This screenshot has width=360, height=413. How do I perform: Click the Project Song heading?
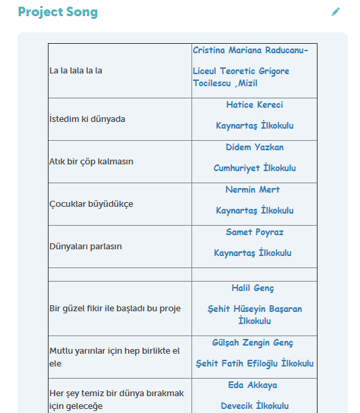click(x=57, y=12)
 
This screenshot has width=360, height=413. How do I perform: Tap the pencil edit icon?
click(x=336, y=12)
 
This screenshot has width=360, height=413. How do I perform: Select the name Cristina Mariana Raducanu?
click(x=250, y=51)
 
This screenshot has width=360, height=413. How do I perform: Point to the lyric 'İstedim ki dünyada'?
click(x=87, y=119)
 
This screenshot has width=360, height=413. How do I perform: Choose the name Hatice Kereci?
click(x=254, y=105)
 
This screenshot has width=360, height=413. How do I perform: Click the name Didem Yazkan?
click(x=254, y=148)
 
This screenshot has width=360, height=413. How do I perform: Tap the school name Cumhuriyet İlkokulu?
click(x=254, y=168)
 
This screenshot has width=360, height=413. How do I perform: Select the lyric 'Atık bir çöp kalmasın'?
click(x=91, y=162)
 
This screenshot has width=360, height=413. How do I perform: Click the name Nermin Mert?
click(x=254, y=190)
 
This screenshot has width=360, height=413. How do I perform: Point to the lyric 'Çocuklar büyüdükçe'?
click(x=91, y=203)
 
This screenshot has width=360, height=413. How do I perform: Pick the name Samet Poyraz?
click(x=254, y=232)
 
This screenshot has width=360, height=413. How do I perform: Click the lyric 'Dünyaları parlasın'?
click(x=86, y=247)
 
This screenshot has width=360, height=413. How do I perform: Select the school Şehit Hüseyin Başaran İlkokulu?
click(x=254, y=315)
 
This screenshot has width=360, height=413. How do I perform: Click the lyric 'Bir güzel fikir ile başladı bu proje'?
click(x=115, y=309)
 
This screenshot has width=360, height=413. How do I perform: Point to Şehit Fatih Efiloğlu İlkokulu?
click(x=254, y=364)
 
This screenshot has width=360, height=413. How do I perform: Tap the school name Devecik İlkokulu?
click(x=254, y=406)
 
